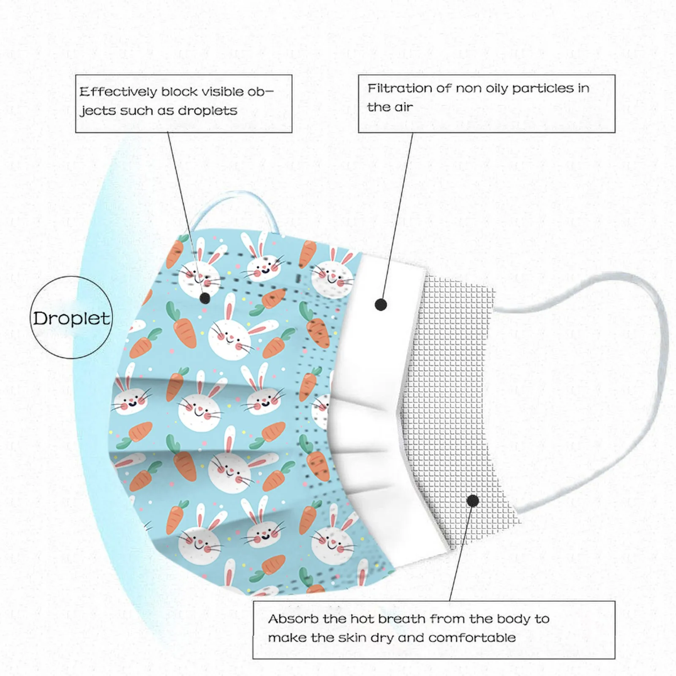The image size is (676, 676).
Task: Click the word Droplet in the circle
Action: (71, 319)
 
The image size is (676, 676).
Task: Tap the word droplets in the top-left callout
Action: (207, 111)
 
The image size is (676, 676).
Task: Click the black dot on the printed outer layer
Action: (205, 299)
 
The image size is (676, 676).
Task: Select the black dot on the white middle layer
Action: (381, 304)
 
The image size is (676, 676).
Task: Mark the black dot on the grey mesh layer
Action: (473, 501)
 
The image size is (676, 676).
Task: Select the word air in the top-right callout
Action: (403, 107)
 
